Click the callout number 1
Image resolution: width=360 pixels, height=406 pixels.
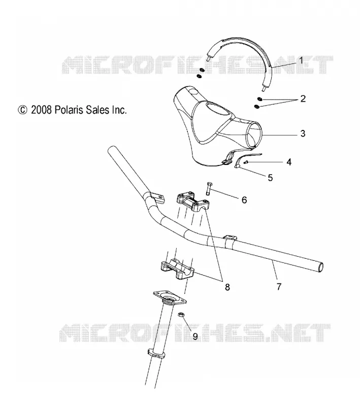[x=301, y=60]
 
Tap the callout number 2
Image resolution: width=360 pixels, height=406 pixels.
[x=303, y=98]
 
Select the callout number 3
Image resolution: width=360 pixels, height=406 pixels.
[x=303, y=133]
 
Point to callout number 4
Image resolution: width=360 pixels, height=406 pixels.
[x=289, y=162]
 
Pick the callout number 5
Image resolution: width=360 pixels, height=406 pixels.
[x=270, y=178]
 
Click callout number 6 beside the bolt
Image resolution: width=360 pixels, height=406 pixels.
[x=244, y=200]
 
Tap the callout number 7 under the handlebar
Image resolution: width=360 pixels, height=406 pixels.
[x=279, y=287]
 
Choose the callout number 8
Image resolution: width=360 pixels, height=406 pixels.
[x=227, y=287]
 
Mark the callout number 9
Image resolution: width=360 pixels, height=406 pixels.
[x=195, y=336]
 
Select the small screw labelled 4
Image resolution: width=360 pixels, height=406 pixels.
[x=246, y=162]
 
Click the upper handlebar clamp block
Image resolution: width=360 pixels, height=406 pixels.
[x=193, y=201]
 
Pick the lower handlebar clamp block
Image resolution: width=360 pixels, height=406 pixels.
[x=177, y=269]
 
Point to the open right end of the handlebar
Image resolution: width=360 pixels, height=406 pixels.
[x=320, y=267]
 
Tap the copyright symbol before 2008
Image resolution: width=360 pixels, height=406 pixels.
[x=22, y=110]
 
